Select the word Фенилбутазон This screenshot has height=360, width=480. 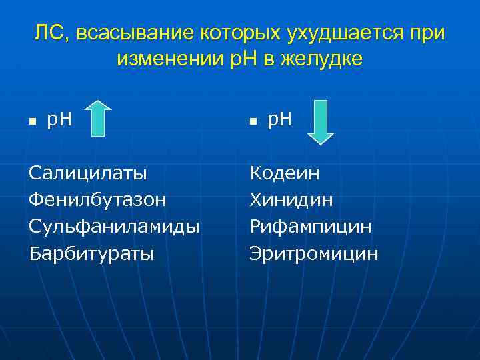tap(98, 200)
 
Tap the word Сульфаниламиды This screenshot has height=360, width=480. tap(114, 227)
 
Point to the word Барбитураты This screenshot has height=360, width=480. tap(91, 253)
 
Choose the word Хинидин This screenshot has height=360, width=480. tap(291, 200)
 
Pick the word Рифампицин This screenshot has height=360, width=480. tap(311, 227)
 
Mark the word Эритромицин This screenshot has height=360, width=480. tap(314, 253)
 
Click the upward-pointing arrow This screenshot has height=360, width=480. tap(99, 119)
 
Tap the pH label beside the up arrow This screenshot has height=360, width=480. tap(59, 120)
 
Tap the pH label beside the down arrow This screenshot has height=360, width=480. tap(279, 120)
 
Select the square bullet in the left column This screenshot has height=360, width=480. tap(32, 122)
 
